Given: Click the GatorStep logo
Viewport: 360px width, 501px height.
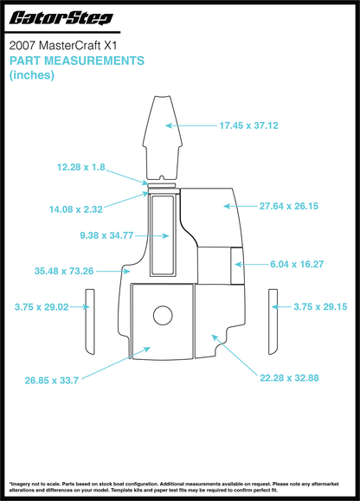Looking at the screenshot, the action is coord(61,18).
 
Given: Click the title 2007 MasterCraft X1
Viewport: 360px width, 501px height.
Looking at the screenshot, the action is coord(63,45).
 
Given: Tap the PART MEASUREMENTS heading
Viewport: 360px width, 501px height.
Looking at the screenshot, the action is coord(77,61).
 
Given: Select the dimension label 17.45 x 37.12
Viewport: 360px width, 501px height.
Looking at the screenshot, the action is coord(248,125).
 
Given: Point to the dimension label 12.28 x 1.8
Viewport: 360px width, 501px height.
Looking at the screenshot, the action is coord(80,167).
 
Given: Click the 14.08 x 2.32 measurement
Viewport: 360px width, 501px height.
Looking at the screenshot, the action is coord(75,209).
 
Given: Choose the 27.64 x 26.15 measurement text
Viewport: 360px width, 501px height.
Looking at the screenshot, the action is coord(289,206).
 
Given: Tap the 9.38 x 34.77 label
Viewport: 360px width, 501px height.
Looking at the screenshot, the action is coord(106,235).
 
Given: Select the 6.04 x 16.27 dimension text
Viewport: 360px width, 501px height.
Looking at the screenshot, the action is coord(297,264).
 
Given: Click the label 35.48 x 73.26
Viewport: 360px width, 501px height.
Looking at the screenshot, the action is coord(64,271).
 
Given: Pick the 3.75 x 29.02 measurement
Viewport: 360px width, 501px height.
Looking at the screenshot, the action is coord(42,307).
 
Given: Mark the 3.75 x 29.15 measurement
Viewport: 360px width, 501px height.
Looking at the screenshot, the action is coord(320,306).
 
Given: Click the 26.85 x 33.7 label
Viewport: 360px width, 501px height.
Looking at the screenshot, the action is coord(52,381).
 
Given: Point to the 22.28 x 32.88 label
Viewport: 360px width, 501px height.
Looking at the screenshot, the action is coord(289,378).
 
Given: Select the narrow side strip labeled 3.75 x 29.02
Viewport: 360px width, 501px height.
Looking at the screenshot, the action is coord(90,322).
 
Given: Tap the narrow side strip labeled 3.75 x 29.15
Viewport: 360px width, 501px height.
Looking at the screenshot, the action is coord(273,322).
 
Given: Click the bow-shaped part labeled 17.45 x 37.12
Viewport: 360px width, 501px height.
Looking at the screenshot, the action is coord(163,138).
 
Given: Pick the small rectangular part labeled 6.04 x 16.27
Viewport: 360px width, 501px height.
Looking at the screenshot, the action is coord(237,266).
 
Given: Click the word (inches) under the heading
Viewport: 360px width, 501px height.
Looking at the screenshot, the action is coord(32,75).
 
